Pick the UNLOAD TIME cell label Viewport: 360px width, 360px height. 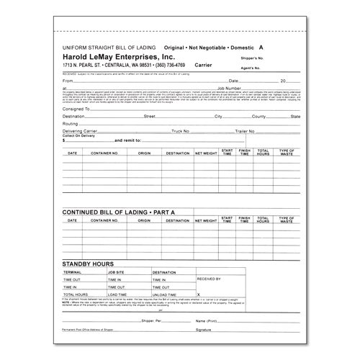(x=166, y=295)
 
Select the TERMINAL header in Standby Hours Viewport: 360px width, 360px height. (x=73, y=273)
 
